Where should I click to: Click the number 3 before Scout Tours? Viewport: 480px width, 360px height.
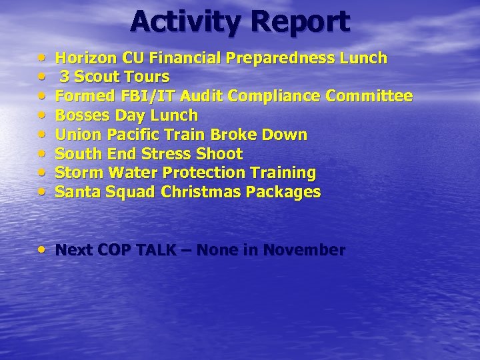[x=65, y=77]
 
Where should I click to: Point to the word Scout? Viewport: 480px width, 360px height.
[x=97, y=77]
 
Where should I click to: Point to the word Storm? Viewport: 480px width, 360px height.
[x=79, y=173]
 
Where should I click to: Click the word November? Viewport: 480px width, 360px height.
[x=304, y=250]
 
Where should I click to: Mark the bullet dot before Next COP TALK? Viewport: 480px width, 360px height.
[x=43, y=250]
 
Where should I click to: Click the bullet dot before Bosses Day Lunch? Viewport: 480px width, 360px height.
[x=43, y=115]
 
